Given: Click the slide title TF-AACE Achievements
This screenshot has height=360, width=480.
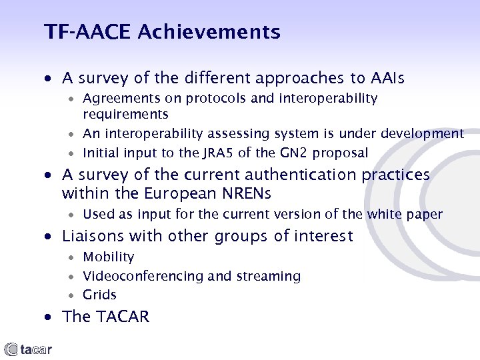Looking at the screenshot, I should tap(162, 31).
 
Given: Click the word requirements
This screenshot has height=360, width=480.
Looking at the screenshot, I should tap(125, 114).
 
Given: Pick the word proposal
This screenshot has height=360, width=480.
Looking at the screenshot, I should tap(335, 153).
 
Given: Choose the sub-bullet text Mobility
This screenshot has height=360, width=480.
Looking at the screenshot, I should tap(108, 257).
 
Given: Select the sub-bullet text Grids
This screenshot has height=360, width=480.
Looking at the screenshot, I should tap(99, 295).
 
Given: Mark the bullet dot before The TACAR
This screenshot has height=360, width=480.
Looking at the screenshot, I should tap(50, 317).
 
